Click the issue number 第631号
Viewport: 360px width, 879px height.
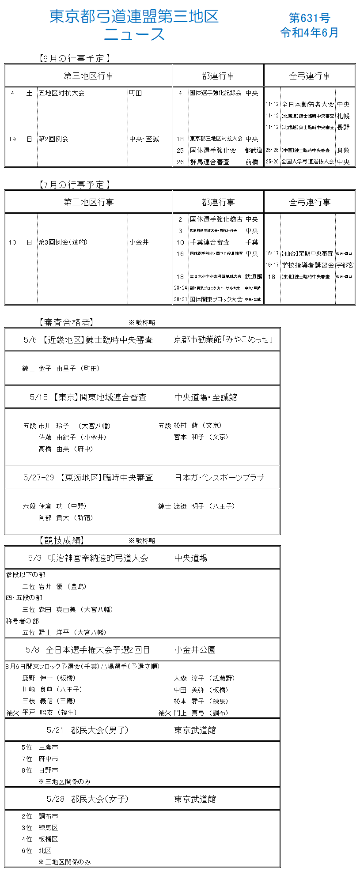[x=309, y=18]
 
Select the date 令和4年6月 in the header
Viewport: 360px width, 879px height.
[x=309, y=33]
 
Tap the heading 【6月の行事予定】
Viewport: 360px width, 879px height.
[x=74, y=58]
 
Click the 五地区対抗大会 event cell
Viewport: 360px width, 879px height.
[x=61, y=93]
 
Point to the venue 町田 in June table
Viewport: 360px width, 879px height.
[x=136, y=93]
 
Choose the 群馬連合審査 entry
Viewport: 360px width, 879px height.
[x=210, y=162]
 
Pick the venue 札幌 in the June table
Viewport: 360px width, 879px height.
[x=343, y=116]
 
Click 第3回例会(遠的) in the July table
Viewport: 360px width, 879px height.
[x=63, y=242]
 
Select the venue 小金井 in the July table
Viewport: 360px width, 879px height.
[x=139, y=242]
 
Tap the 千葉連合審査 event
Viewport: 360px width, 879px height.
[x=210, y=242]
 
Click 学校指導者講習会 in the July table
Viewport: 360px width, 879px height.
[x=308, y=265]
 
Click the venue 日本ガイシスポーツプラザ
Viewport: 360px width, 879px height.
[x=220, y=478]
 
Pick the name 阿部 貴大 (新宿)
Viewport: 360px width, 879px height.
[x=65, y=518]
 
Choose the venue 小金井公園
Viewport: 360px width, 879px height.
[x=195, y=650]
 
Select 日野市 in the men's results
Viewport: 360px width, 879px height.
[x=48, y=770]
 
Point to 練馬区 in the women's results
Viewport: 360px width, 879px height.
[x=48, y=828]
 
